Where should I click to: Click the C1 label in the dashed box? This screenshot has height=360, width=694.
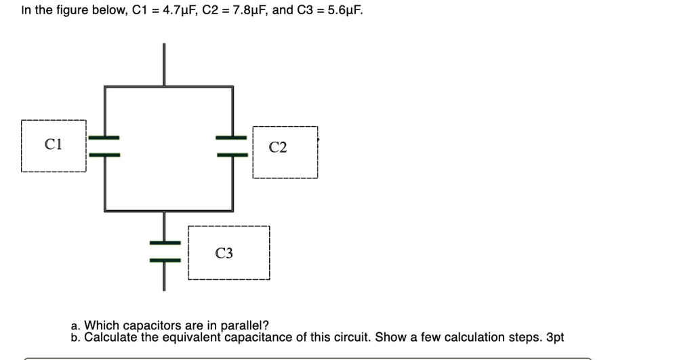tap(53, 144)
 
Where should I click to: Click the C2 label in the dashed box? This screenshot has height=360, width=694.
tap(278, 148)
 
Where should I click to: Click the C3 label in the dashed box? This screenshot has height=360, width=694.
tap(224, 254)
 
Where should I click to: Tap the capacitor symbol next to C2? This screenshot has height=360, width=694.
tap(233, 146)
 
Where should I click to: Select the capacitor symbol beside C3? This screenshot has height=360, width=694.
tap(164, 251)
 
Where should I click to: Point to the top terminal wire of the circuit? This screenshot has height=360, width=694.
tap(164, 64)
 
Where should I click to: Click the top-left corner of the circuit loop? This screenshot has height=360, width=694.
tap(104, 87)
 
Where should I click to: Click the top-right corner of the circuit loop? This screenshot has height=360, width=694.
tap(233, 87)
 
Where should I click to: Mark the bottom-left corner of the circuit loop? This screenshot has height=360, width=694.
tap(104, 210)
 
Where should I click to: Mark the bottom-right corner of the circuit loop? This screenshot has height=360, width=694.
tap(233, 210)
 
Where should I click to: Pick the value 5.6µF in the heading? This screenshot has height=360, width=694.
tap(345, 11)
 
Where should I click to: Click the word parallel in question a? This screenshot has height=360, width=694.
tap(247, 326)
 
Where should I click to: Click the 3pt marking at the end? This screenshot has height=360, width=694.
tap(554, 337)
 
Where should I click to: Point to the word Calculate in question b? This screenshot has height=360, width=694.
tap(109, 337)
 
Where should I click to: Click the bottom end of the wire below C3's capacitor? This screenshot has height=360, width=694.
tap(164, 288)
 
